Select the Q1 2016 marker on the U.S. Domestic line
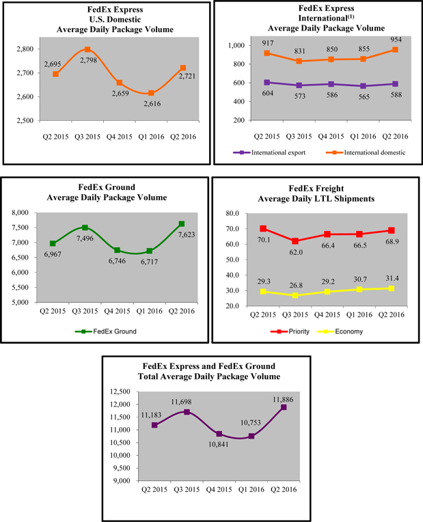150,93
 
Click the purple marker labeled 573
298,85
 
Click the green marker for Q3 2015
84,228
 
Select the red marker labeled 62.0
296,241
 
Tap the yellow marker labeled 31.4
392,288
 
